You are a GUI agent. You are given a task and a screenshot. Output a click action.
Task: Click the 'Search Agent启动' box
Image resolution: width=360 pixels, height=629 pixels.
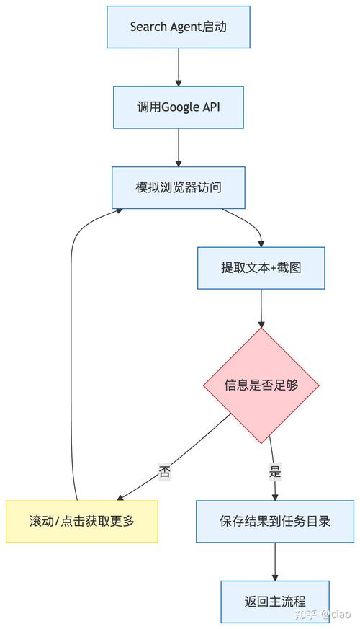coord(178,27)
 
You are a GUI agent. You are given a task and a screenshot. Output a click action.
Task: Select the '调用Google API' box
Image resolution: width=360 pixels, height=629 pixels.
coord(178,107)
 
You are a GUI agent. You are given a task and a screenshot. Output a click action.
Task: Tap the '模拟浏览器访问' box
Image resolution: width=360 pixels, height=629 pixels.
coord(178,187)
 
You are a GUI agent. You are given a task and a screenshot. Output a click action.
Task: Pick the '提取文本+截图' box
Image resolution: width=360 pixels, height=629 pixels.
coord(261,268)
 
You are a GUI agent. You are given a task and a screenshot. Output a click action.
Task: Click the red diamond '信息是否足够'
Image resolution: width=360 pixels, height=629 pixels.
coord(261,385)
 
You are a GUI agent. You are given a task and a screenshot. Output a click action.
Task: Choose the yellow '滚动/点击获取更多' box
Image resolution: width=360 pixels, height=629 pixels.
coord(81,521)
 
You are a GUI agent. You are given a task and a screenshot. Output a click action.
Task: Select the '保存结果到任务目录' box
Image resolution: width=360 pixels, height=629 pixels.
coord(275,521)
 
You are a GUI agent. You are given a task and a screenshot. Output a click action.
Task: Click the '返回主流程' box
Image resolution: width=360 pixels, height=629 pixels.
coord(275,601)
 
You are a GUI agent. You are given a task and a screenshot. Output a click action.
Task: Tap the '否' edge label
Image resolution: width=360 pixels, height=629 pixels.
coord(165,472)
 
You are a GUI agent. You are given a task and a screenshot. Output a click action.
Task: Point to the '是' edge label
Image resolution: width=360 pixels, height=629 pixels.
coord(274,472)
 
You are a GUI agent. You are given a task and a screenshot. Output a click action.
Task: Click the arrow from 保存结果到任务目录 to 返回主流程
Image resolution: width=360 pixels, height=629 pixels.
coord(275,561)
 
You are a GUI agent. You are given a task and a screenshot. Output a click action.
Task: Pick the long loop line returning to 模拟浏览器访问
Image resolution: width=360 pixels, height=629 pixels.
coord(70,346)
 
